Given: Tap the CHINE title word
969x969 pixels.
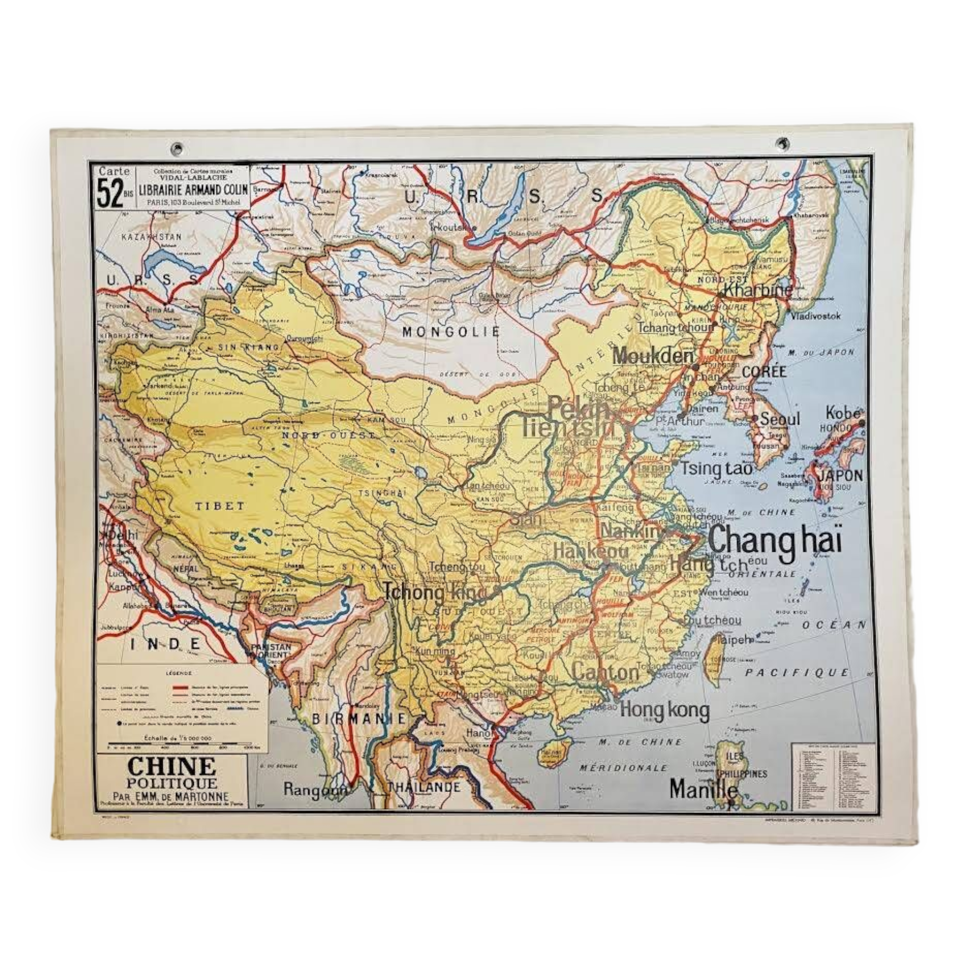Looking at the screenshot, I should pyautogui.click(x=172, y=767).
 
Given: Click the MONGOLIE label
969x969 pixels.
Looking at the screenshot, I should pyautogui.click(x=451, y=331).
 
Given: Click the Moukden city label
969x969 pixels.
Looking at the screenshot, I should pyautogui.click(x=653, y=356).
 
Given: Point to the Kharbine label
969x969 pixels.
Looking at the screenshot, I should pyautogui.click(x=758, y=289).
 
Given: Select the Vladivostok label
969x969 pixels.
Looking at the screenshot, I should pyautogui.click(x=815, y=316).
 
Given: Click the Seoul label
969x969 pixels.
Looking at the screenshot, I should pyautogui.click(x=780, y=419).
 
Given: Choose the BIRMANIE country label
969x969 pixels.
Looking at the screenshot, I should pyautogui.click(x=359, y=719).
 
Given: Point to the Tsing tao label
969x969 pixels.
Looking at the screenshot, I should pyautogui.click(x=716, y=469).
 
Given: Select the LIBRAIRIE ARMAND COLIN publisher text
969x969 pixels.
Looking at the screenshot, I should pyautogui.click(x=193, y=190).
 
